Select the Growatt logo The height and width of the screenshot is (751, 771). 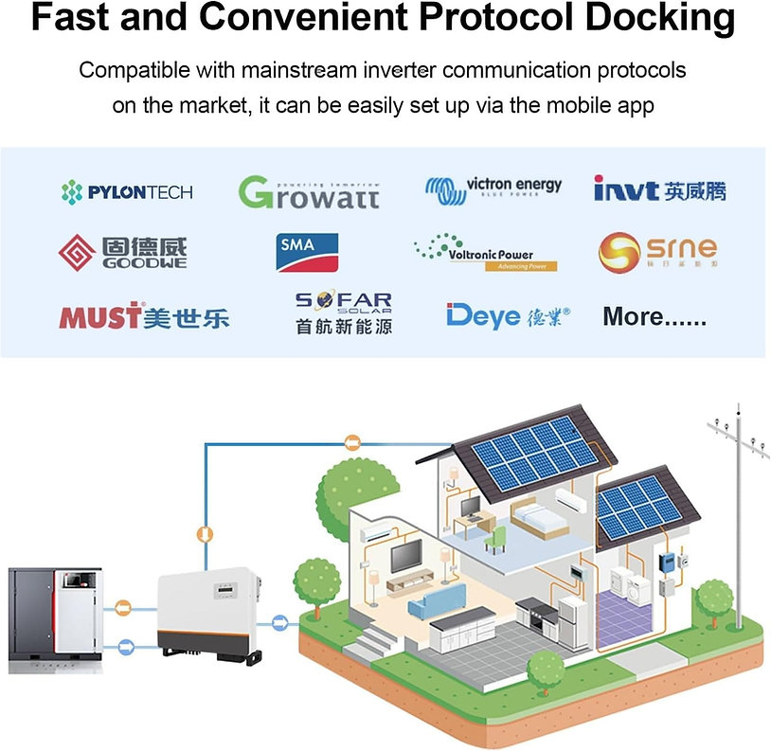coord(309,192)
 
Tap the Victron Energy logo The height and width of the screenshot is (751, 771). coord(493,189)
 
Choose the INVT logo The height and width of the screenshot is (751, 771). coord(659,190)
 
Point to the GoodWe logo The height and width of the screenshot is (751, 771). coord(123,252)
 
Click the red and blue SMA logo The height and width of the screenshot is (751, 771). coord(307,252)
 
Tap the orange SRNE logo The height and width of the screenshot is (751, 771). coord(656,251)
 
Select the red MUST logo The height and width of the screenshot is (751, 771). coord(143,316)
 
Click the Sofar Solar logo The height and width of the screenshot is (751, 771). coord(343,313)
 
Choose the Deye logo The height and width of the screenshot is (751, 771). coord(508,315)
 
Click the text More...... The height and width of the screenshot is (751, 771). coord(654,317)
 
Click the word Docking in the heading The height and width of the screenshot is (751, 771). coord(651,20)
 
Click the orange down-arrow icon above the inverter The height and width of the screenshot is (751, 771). coord(202,533)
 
